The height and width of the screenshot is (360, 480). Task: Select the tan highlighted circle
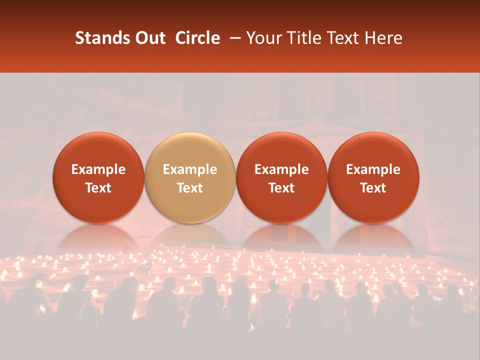[190, 177]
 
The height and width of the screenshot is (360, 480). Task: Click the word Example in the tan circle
[190, 169]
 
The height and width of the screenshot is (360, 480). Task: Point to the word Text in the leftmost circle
[98, 188]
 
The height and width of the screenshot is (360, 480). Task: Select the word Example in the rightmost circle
[373, 169]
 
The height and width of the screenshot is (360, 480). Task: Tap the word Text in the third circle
[281, 188]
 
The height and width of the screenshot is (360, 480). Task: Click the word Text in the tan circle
[190, 188]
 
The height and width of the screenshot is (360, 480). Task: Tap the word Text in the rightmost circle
[373, 188]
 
